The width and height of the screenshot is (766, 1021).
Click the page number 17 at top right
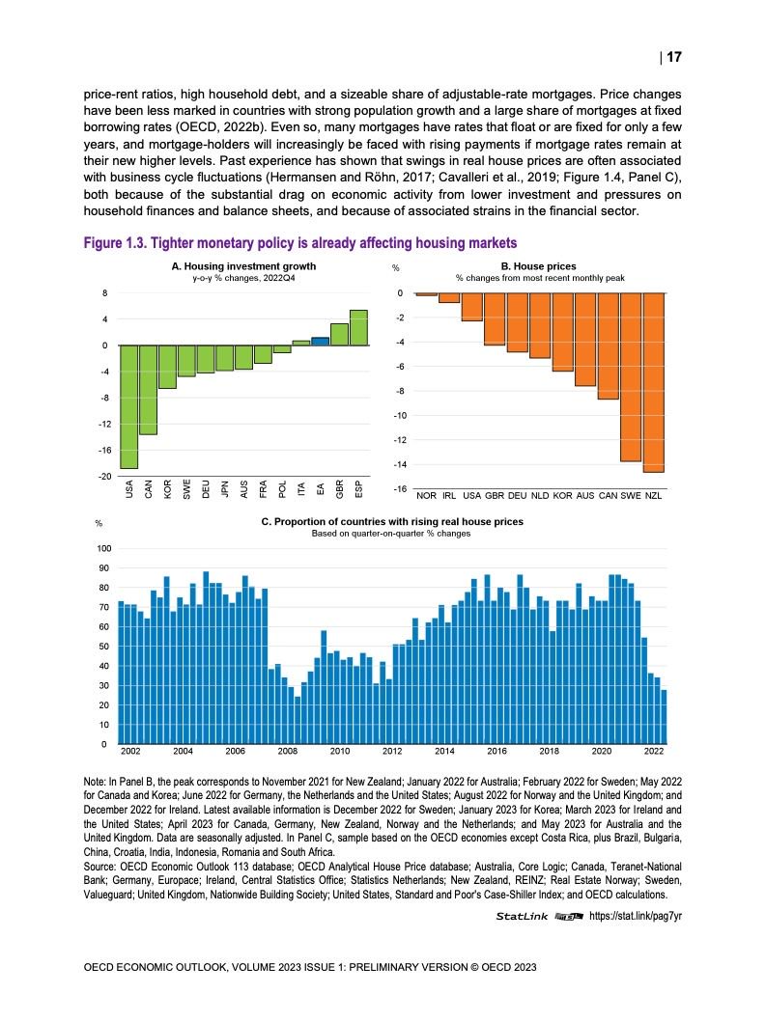point(674,57)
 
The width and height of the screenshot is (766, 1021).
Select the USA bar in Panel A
point(128,406)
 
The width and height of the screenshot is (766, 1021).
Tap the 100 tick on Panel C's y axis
point(101,548)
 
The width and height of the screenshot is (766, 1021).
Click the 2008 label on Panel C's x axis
point(287,750)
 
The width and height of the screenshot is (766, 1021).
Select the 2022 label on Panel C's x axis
point(654,750)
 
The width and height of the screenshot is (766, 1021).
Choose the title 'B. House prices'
point(538,265)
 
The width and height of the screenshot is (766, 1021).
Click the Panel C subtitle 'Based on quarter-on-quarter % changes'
point(390,534)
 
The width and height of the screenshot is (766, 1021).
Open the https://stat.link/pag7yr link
point(636,916)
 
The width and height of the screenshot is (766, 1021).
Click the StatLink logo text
point(523,916)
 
